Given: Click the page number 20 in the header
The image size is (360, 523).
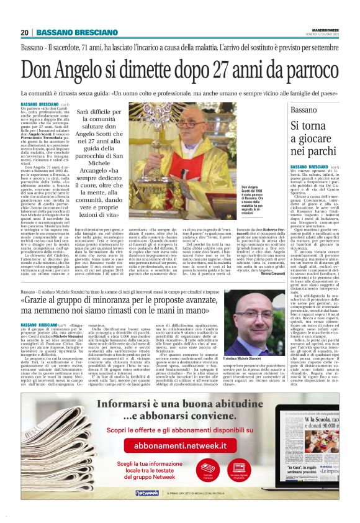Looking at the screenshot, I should coord(25,32).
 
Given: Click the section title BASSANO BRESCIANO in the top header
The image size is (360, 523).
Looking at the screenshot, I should coord(68,32).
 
